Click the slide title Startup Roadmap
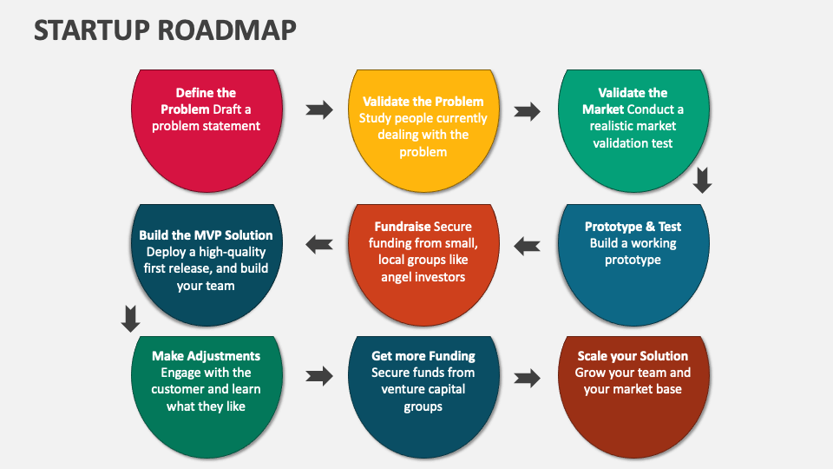pos(165,30)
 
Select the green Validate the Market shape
pos(633,130)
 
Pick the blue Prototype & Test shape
pos(633,261)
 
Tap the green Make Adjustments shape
pos(206,395)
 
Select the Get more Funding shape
pos(423,395)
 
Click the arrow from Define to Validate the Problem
pos(319,109)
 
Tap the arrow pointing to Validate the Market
pos(527,111)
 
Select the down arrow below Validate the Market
pos(702,180)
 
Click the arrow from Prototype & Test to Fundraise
pos(527,246)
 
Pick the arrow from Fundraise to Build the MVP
pos(318,245)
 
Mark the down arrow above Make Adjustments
pos(130,319)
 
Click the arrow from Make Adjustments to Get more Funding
pos(319,376)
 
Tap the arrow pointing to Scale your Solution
pos(527,378)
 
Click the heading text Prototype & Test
pos(633,227)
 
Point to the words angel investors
pos(423,277)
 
